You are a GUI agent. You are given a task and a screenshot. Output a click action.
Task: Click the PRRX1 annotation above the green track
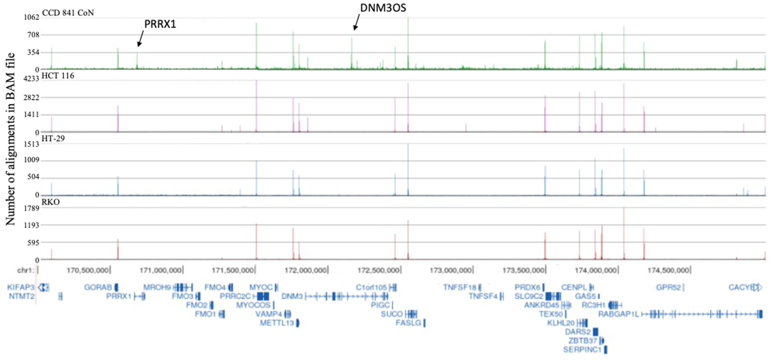click(x=160, y=24)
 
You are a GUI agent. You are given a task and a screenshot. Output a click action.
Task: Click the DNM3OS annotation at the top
click(x=383, y=8)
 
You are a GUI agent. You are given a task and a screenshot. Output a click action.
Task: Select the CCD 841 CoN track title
click(x=68, y=13)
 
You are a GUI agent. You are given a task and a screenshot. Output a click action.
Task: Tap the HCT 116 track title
click(x=58, y=76)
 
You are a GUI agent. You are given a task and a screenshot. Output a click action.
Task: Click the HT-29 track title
click(x=53, y=139)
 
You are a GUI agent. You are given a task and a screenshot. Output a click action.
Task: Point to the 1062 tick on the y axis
click(x=32, y=17)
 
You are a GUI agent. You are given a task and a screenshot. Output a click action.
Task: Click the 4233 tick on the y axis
click(x=32, y=79)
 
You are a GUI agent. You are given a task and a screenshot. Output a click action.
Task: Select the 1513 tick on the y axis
click(x=32, y=144)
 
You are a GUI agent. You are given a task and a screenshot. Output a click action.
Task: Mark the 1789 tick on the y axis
click(x=32, y=208)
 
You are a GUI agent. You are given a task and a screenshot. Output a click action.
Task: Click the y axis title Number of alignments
click(x=10, y=139)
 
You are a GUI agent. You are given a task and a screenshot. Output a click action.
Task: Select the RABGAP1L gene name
click(x=618, y=314)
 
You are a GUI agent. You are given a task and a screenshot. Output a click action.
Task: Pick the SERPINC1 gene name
click(x=582, y=349)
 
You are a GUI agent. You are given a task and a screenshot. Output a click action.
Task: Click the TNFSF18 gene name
click(x=460, y=287)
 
